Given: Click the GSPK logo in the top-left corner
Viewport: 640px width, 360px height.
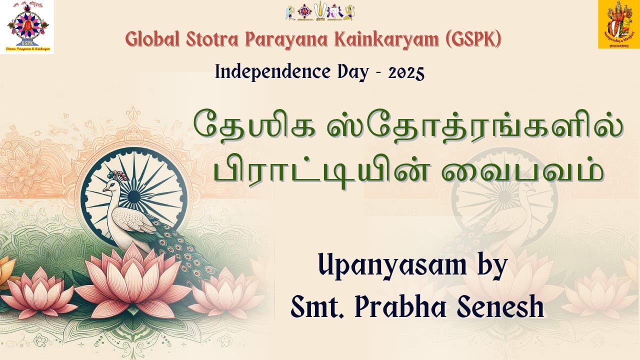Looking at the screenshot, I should tap(29, 27).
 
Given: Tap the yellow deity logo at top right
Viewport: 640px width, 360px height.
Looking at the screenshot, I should tap(618, 24).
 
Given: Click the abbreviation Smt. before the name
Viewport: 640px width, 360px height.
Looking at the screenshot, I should tap(317, 307).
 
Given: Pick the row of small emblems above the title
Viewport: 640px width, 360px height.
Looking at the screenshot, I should tap(320, 12).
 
